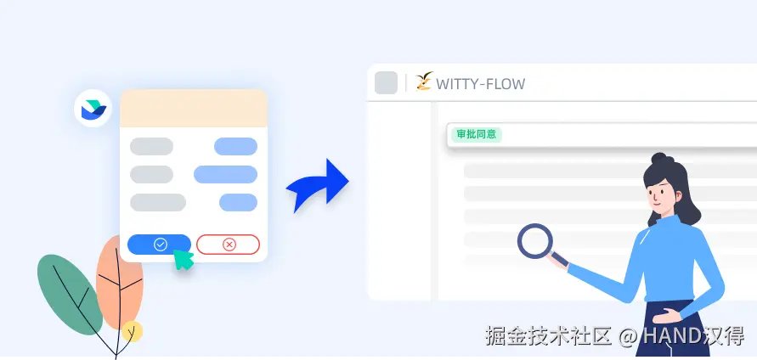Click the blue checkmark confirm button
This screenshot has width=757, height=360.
pos(159,245)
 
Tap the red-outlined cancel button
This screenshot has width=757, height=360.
pos(228,245)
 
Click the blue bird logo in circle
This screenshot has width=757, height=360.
pos(92,109)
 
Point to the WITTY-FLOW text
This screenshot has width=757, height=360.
pos(480,83)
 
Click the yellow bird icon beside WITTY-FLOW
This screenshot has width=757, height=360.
pos(424,82)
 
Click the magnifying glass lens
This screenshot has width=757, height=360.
pos(535,240)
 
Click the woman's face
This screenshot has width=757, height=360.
pos(664,196)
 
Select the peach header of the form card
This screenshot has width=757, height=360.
pos(194,108)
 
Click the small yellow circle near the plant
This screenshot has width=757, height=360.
pos(132,332)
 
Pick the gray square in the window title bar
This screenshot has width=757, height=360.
pos(386,82)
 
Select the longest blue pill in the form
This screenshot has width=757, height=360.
pos(225,174)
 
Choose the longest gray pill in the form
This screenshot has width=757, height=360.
pos(158,202)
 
